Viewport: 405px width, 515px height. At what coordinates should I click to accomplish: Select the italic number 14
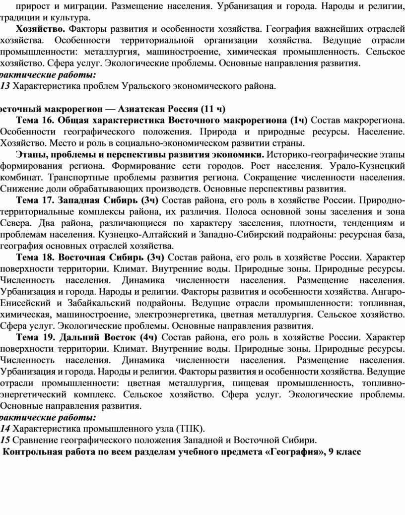(5, 429)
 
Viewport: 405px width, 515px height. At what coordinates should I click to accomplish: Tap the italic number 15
(5, 440)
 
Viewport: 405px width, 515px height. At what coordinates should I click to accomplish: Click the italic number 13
(5, 86)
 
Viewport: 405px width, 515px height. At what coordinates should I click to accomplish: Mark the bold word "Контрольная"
(34, 452)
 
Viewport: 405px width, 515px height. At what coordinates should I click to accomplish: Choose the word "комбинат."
(20, 178)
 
